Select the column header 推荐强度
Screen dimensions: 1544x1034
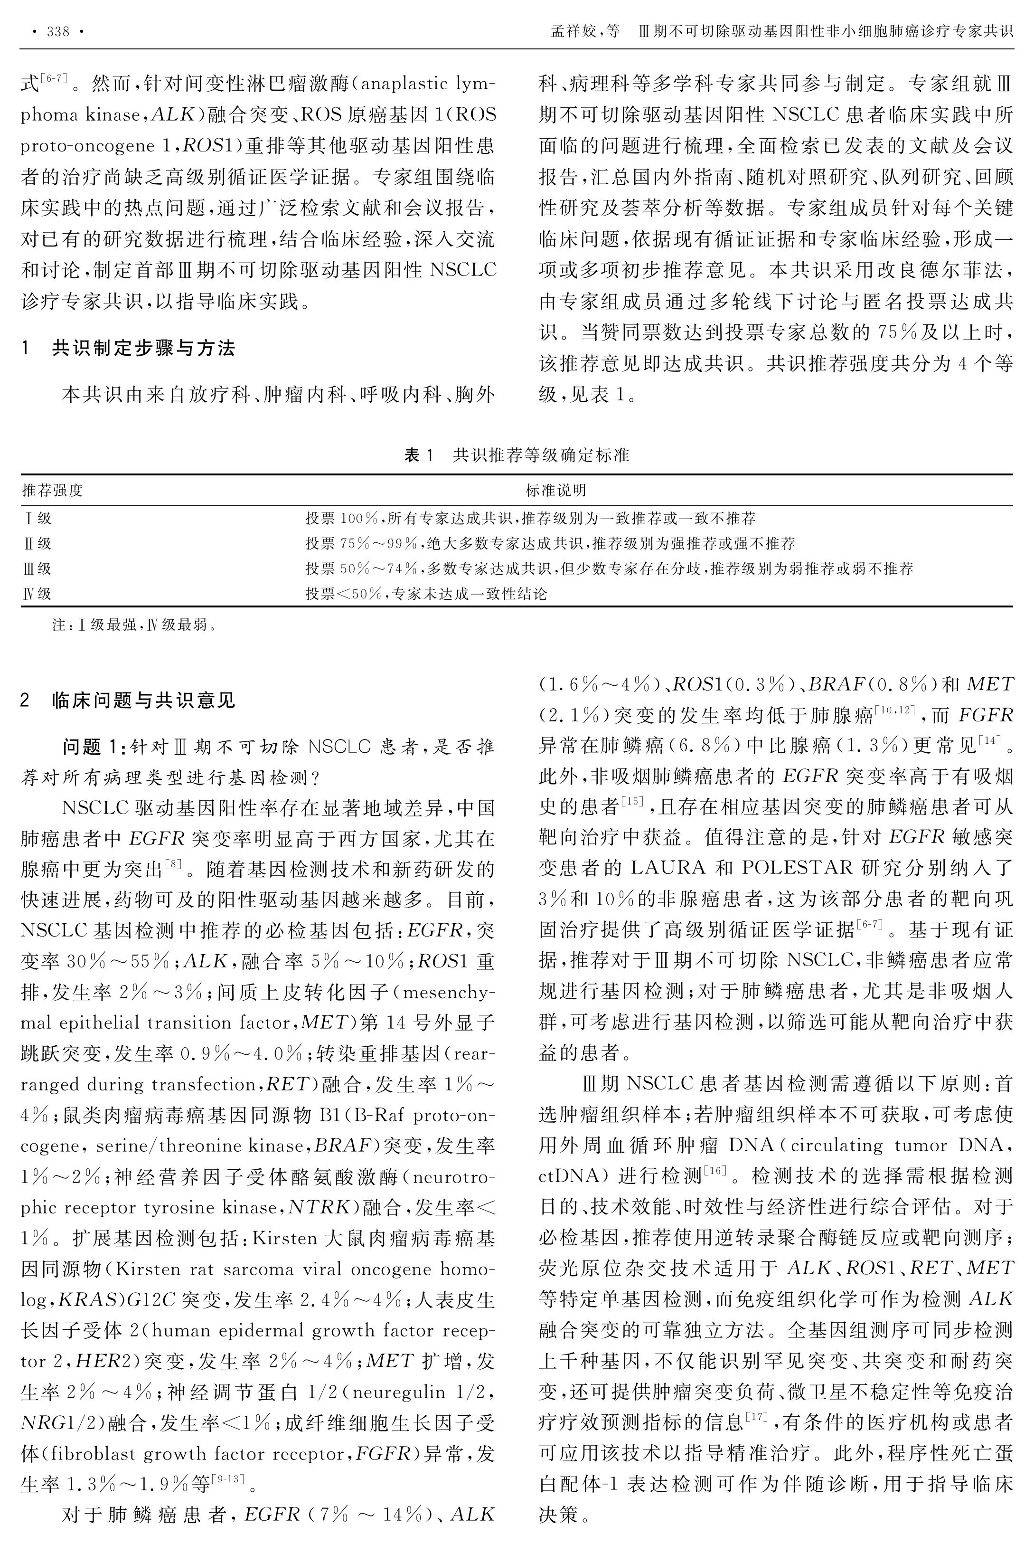(x=53, y=490)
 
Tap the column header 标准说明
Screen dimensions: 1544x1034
(x=555, y=490)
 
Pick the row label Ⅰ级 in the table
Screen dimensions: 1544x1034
(x=38, y=519)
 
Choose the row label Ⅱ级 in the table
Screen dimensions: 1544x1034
(x=38, y=543)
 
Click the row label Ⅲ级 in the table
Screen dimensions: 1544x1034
(x=38, y=568)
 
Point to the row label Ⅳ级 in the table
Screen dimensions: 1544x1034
(x=38, y=594)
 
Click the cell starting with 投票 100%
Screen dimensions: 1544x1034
(x=530, y=519)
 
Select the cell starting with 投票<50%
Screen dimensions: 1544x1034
(x=426, y=594)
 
